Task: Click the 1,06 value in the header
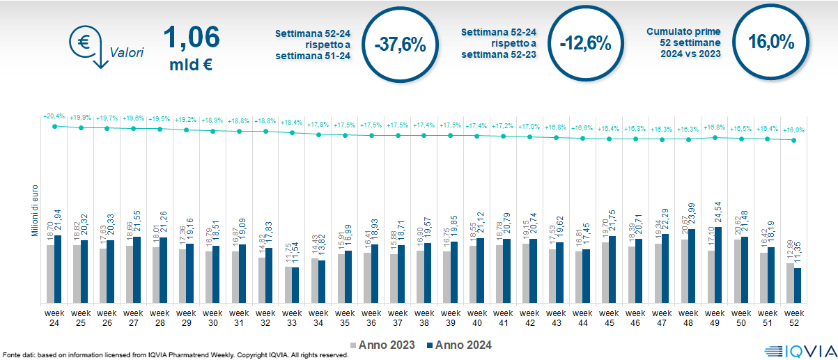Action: pyautogui.click(x=190, y=37)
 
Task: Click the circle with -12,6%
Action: pyautogui.click(x=584, y=44)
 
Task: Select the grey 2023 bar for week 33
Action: pyautogui.click(x=288, y=284)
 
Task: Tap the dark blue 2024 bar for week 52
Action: pyautogui.click(x=798, y=285)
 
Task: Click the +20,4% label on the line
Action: pyautogui.click(x=54, y=116)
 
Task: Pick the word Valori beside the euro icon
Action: pyautogui.click(x=127, y=52)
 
